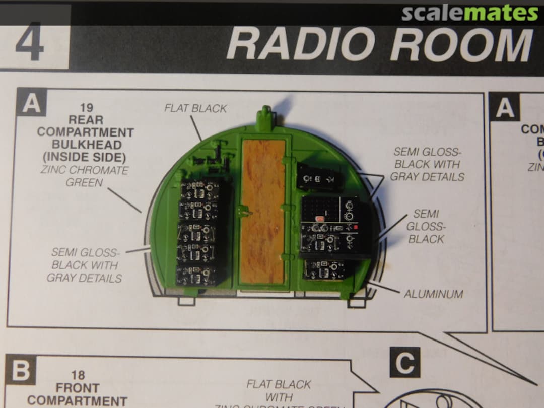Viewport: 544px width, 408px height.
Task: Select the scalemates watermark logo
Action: [469, 13]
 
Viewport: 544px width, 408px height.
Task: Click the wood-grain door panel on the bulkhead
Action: [262, 211]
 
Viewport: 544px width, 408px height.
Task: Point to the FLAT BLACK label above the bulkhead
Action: [195, 108]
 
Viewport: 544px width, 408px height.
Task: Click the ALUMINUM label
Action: [433, 294]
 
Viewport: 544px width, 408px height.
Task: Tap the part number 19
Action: [86, 108]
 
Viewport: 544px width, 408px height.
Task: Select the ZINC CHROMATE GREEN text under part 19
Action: [84, 175]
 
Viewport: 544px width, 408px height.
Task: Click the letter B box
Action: [20, 371]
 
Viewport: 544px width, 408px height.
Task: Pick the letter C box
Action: [404, 362]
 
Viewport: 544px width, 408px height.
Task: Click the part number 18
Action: [78, 375]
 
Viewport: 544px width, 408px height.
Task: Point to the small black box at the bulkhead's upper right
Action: [316, 177]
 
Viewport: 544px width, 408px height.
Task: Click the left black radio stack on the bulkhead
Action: [198, 232]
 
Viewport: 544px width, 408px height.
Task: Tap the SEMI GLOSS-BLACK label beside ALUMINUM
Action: [426, 226]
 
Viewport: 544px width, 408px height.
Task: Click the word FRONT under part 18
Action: [78, 388]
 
